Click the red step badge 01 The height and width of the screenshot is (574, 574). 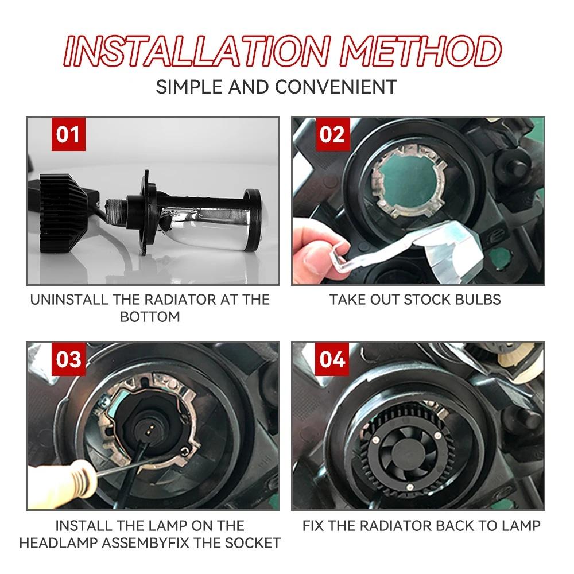click(x=68, y=135)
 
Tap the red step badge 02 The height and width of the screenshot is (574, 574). click(x=332, y=135)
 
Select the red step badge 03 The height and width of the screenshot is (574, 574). click(x=68, y=360)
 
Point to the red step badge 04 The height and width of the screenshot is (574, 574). click(x=332, y=360)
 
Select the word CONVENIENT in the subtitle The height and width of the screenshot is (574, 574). click(x=336, y=87)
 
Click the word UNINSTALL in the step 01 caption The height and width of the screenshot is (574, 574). click(x=68, y=300)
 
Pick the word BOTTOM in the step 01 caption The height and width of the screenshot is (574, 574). click(x=150, y=316)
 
